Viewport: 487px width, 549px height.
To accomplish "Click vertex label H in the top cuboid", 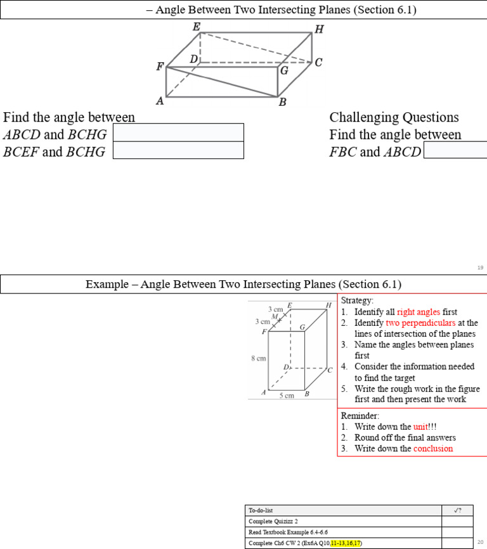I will point(319,29).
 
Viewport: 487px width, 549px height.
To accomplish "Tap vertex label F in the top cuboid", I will point(160,67).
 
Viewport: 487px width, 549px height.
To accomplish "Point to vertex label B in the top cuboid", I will point(282,103).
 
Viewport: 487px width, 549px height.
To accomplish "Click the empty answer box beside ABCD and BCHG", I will point(178,132).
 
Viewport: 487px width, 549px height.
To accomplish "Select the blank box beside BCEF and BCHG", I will point(178,150).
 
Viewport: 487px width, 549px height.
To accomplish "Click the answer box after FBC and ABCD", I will point(455,150).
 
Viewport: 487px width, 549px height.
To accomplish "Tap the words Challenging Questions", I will point(394,117).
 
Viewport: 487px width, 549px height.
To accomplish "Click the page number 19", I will point(480,268).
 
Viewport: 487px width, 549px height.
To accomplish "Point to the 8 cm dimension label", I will point(258,358).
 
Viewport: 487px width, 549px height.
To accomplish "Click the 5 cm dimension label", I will point(287,396).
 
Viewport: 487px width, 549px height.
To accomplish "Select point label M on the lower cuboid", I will point(274,316).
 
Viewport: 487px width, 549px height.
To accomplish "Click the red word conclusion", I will point(433,448).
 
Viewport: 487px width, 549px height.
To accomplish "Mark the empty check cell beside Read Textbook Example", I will point(457,533).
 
